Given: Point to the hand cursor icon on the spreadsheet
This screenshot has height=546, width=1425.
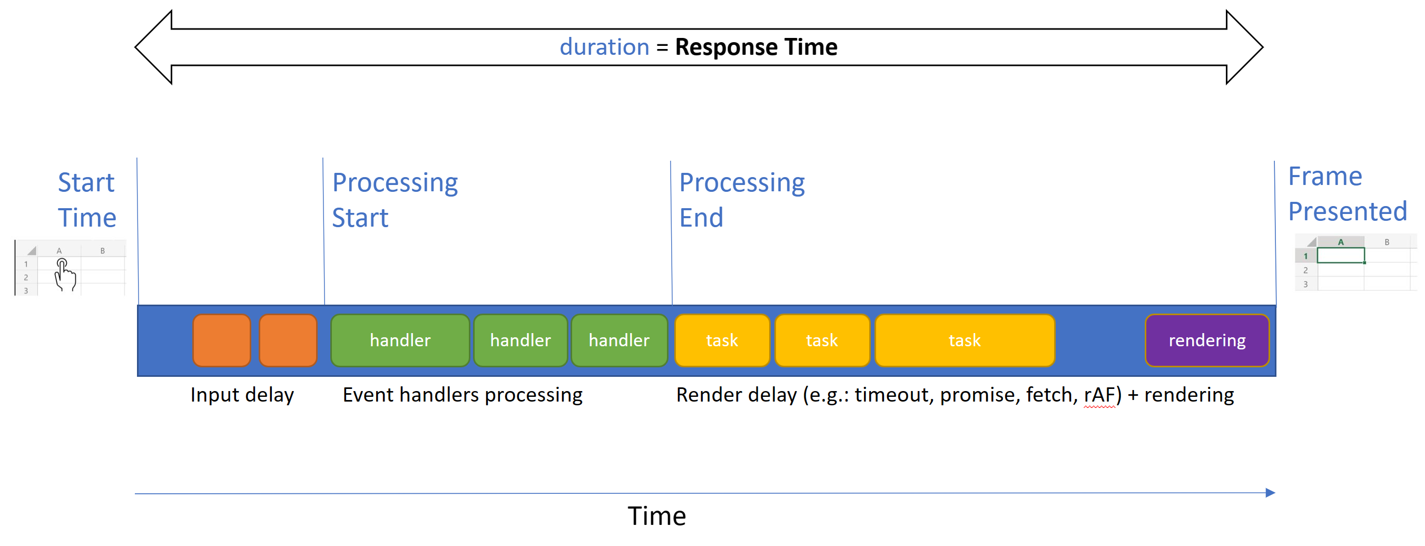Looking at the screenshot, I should pyautogui.click(x=65, y=275).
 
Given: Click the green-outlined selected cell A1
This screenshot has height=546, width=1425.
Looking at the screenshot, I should pyautogui.click(x=1340, y=256).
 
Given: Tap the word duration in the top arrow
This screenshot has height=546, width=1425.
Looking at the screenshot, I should pyautogui.click(x=604, y=47).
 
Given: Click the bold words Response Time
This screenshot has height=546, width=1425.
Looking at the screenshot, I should pyautogui.click(x=755, y=47).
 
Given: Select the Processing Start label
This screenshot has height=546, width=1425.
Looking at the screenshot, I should pyautogui.click(x=395, y=200).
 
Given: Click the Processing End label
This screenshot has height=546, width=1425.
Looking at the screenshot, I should pyautogui.click(x=741, y=200).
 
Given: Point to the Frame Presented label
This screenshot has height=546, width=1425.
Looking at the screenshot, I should pyautogui.click(x=1347, y=193).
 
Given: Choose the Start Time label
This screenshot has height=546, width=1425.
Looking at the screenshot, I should pyautogui.click(x=87, y=200).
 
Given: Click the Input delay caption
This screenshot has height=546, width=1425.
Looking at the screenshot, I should pyautogui.click(x=242, y=395).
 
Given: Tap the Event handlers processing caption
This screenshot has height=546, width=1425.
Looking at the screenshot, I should pyautogui.click(x=463, y=395).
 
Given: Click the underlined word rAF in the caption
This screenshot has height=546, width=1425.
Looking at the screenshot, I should pyautogui.click(x=1099, y=395).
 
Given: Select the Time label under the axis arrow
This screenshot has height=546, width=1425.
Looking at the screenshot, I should pyautogui.click(x=656, y=516).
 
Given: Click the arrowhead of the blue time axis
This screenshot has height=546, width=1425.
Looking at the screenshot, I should pyautogui.click(x=1270, y=492).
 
